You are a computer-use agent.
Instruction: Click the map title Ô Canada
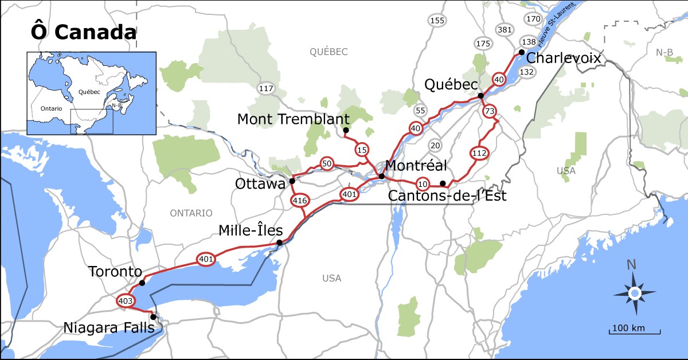pos(83,32)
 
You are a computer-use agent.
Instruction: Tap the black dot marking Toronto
pos(142,283)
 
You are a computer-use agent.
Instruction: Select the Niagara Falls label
pos(109,328)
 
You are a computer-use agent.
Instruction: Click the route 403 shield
pos(126,300)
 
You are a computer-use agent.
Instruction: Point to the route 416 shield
pos(300,201)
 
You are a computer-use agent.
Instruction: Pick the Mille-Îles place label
pos(251,230)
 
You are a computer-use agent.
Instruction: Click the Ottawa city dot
pos(292,181)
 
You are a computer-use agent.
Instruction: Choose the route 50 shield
pos(327,164)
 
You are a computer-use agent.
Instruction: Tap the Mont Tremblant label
pos(293,119)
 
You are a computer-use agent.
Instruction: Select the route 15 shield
pos(361,150)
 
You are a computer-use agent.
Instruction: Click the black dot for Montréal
pos(382,176)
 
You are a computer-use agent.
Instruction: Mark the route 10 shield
pos(423,184)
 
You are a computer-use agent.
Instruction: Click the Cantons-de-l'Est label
pos(447,197)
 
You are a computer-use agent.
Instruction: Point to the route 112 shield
pos(479,153)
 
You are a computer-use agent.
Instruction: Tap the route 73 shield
pos(489,111)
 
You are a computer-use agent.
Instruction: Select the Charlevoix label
pos(563,58)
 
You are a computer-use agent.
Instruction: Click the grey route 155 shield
pos(437,21)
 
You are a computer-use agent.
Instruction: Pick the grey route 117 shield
pos(266,88)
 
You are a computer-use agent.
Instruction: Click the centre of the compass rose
pos(634,294)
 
